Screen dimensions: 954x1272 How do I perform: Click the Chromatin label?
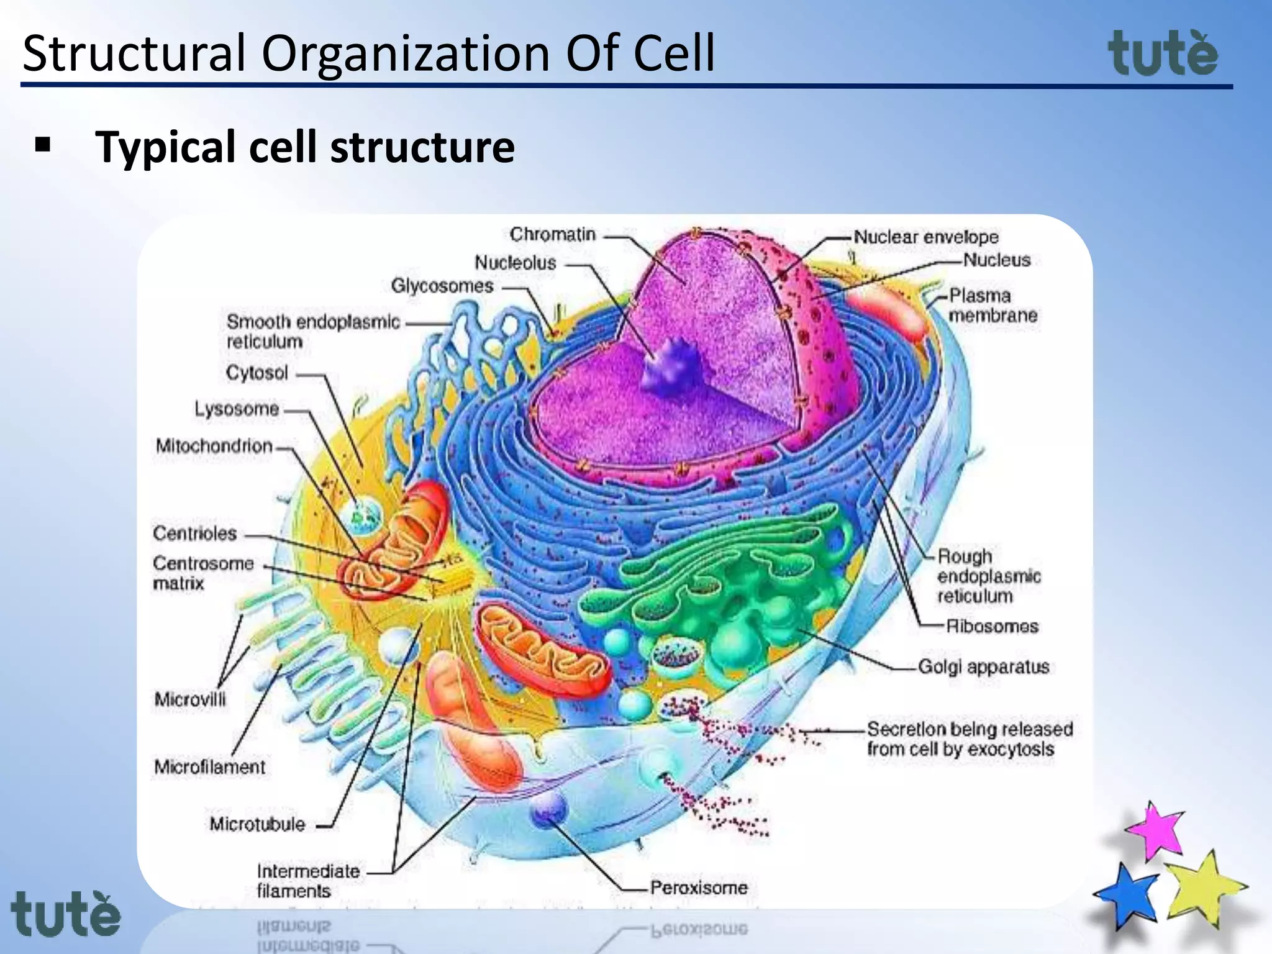click(552, 235)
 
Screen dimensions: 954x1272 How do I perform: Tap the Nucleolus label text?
click(516, 263)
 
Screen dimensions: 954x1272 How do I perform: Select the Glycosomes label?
click(442, 286)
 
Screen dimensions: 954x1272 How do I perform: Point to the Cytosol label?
click(257, 373)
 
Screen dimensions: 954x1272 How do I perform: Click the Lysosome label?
click(237, 409)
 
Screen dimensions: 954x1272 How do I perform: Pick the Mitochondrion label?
click(214, 446)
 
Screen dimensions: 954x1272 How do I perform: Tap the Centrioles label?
click(195, 533)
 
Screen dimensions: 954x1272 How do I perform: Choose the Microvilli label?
click(190, 699)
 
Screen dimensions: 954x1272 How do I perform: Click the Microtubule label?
click(257, 824)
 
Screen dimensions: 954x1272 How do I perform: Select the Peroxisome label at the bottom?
click(699, 888)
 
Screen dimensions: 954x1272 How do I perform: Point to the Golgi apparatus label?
click(983, 666)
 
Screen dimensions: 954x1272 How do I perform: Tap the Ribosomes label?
click(992, 626)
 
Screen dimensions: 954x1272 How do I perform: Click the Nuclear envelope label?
click(926, 237)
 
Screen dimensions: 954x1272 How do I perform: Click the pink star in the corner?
click(1156, 831)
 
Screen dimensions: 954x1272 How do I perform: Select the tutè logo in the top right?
click(1163, 53)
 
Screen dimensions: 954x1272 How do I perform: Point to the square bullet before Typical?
click(43, 145)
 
